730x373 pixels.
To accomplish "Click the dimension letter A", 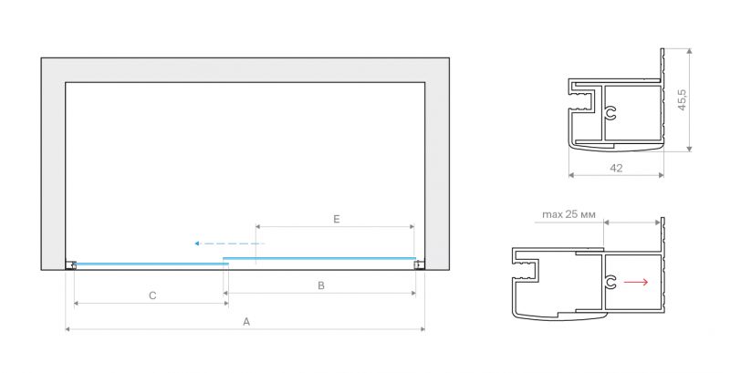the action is pos(246,321).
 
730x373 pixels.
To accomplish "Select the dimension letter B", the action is pos(321,285).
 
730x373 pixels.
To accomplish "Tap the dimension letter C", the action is pos(152,295).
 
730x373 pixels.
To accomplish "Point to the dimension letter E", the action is pos(337,219).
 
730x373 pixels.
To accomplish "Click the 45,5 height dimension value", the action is pos(682,100).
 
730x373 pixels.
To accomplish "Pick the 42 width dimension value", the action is pos(616,168).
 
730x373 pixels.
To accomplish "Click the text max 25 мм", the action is pos(568,214).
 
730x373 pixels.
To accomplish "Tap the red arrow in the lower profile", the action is pos(636,282).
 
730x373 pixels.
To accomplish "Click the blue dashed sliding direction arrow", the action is pos(230,243).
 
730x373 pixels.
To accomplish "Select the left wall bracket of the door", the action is pos(71,264).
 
